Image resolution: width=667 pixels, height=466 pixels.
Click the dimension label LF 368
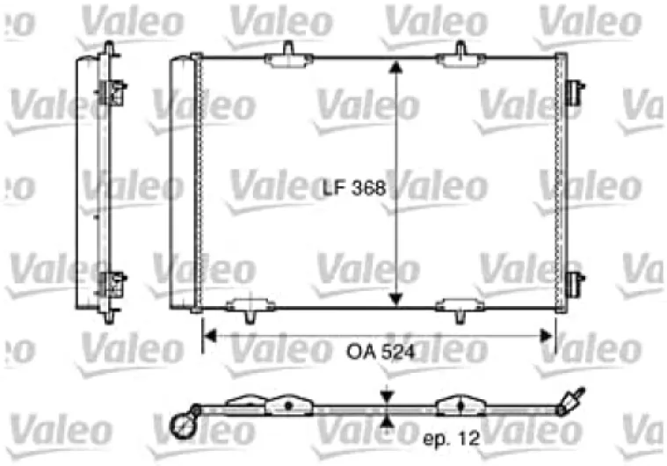coord(354,188)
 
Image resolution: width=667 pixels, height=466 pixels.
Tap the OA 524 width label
coord(381,352)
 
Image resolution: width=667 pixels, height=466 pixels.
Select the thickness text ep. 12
coord(452,439)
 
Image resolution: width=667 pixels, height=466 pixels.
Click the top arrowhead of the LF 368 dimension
coord(395,67)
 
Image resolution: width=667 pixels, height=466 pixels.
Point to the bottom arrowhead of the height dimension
coord(395,299)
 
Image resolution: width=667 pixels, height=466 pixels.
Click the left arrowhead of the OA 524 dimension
coord(210,336)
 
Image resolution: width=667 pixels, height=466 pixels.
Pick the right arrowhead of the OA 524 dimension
coord(547,336)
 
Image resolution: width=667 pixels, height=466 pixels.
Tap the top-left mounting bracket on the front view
coord(289,56)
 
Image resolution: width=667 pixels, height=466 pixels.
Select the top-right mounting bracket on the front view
coord(460,56)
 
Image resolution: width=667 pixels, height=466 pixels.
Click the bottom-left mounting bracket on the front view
coord(250,309)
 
